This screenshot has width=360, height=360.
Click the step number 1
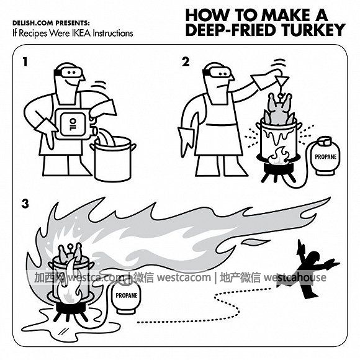(x=25, y=62)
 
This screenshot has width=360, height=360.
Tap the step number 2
(x=186, y=62)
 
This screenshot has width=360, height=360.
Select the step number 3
(x=25, y=204)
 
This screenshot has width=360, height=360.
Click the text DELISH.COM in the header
(x=34, y=23)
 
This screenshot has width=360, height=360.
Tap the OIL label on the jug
(x=73, y=124)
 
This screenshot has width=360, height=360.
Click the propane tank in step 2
(x=325, y=156)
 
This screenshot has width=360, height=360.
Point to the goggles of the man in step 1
(x=68, y=72)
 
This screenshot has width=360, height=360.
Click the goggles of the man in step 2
(x=217, y=73)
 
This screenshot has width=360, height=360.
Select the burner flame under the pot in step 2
(x=278, y=155)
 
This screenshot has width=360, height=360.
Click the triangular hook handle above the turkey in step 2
(x=282, y=80)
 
